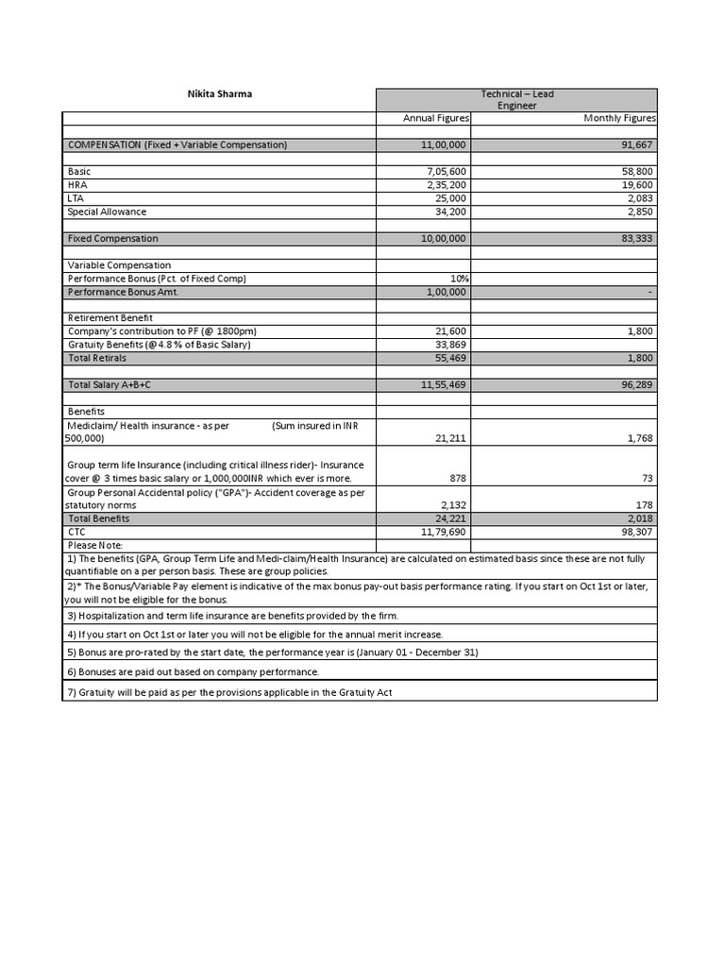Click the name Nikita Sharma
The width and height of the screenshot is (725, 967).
[218, 94]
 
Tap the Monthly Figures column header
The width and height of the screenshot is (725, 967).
[620, 118]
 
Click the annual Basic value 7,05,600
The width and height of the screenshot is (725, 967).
[447, 172]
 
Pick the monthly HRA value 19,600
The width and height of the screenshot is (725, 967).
[637, 185]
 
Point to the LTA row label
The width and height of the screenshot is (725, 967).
[76, 198]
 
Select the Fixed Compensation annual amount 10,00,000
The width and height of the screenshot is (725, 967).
[444, 239]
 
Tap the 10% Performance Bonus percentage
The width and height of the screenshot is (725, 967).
[460, 279]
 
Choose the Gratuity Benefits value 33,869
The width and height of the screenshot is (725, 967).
[450, 345]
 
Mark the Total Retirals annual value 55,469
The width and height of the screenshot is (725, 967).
[450, 358]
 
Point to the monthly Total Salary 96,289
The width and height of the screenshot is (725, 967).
[637, 385]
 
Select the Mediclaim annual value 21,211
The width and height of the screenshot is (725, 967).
[450, 438]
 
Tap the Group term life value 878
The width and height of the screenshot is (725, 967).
[458, 479]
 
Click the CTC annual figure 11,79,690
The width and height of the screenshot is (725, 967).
[444, 533]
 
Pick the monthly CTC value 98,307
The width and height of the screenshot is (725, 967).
[637, 533]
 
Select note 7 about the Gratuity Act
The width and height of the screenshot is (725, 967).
[228, 692]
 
